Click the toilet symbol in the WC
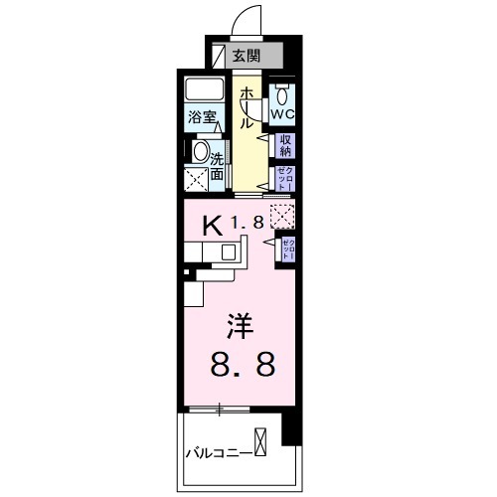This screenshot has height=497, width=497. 284,95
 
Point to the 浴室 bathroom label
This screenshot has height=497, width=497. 204,116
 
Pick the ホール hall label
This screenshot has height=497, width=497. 246,108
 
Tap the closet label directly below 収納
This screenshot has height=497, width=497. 284,178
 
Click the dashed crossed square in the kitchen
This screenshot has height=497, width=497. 283,215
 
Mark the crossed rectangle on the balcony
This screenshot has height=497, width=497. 259,440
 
